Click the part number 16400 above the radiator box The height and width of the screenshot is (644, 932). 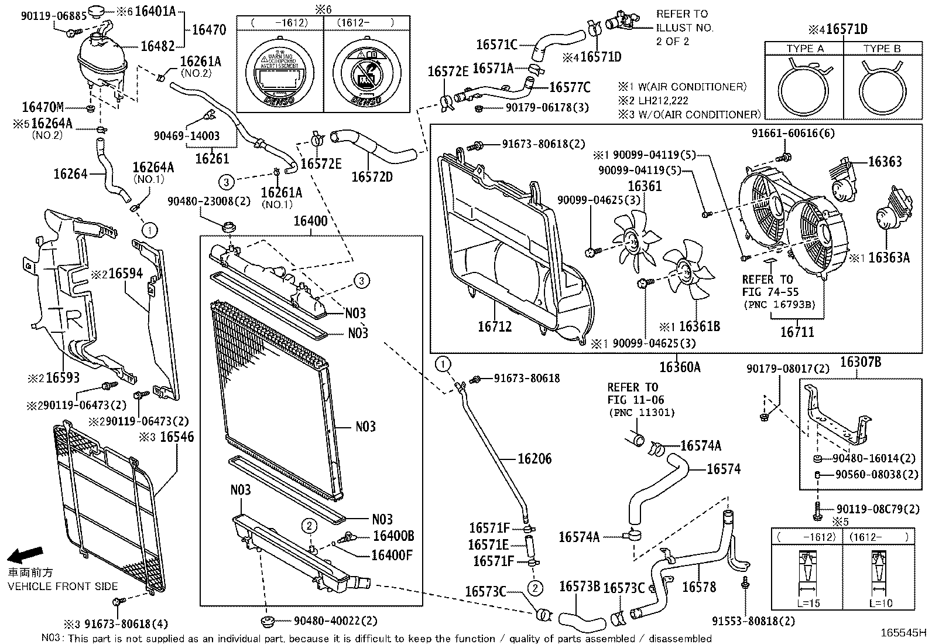point(310,222)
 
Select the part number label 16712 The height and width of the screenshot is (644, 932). point(495,326)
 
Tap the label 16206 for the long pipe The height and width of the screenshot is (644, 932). point(534,458)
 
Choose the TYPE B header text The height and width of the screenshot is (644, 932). point(882,49)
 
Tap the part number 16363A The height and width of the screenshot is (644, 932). point(889,258)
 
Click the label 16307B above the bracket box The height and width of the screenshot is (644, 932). point(861,362)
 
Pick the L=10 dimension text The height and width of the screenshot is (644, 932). point(880,602)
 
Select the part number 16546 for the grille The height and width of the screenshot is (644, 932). point(177,437)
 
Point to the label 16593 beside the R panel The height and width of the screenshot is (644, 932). point(63,378)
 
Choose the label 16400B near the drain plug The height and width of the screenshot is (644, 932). point(393,536)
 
